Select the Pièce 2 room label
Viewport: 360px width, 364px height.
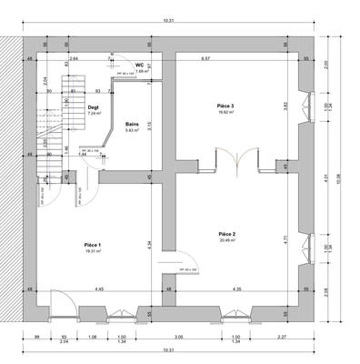226,234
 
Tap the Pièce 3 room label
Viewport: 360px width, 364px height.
225,106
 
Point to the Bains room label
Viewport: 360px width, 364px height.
133,123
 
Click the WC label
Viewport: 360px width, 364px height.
139,66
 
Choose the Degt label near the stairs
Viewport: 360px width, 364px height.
93,107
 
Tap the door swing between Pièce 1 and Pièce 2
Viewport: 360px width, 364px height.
171,264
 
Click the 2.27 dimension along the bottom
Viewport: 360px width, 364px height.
283,337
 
